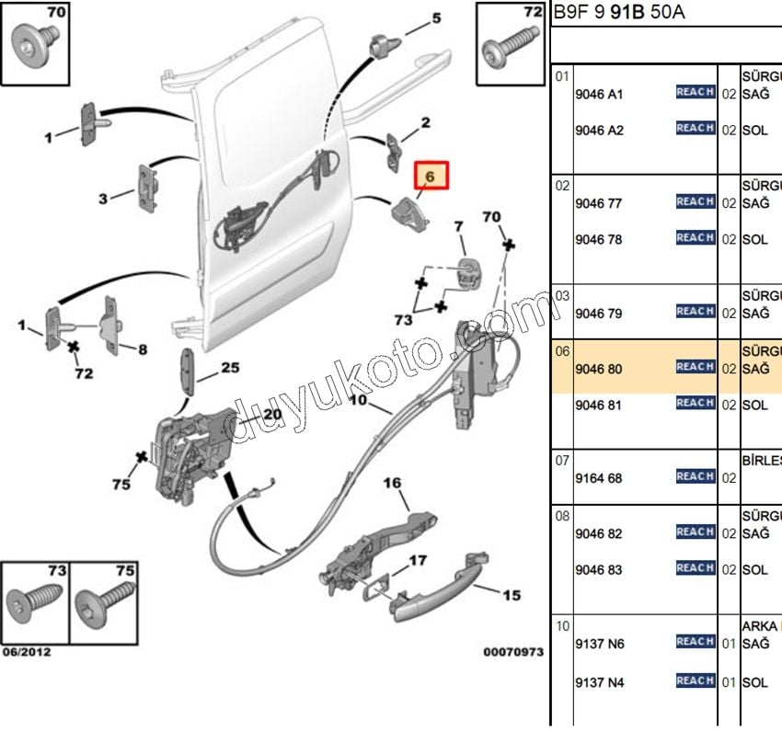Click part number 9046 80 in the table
(598, 370)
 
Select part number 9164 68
(598, 478)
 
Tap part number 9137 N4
(599, 682)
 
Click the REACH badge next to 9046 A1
(696, 92)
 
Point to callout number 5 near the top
(436, 17)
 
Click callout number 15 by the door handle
(512, 595)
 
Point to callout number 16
(393, 483)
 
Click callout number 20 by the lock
(271, 414)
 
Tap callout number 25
(229, 369)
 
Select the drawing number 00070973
(513, 652)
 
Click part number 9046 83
(598, 570)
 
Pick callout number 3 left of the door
(103, 198)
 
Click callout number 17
(418, 559)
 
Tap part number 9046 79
(598, 315)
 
